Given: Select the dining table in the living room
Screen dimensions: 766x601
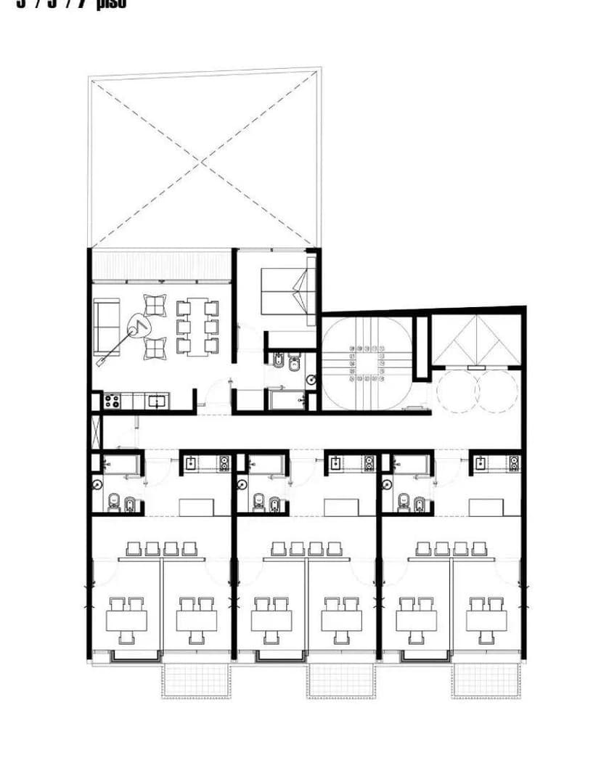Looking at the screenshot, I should click(x=197, y=327).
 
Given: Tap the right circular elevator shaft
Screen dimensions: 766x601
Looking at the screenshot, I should click(x=497, y=391).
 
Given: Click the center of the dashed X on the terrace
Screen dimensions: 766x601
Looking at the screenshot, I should click(x=205, y=158).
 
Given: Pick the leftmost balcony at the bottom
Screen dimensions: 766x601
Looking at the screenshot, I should click(x=196, y=680).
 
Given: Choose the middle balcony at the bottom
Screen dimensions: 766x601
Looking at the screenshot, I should click(x=341, y=680).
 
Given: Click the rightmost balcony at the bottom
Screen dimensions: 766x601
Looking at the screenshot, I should click(x=486, y=680).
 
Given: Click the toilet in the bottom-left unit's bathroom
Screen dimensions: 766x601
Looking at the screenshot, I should click(x=114, y=502).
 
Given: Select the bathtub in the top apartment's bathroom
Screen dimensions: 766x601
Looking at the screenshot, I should click(x=287, y=399).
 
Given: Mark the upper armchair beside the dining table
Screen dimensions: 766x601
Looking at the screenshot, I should click(x=155, y=304).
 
